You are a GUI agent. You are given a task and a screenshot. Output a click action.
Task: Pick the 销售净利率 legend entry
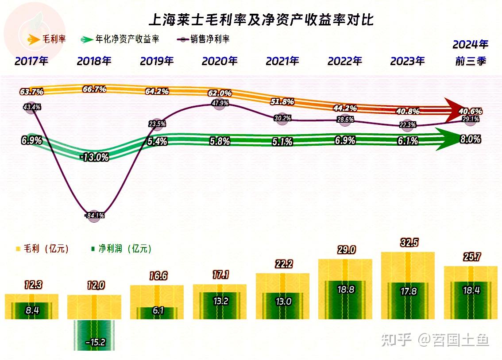204,39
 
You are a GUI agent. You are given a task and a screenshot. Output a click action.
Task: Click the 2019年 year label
157,61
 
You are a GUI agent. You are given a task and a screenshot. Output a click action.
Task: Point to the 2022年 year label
345,61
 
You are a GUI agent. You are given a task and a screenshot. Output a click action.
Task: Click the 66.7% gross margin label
94,89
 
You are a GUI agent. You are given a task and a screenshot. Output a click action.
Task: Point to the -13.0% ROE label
95,157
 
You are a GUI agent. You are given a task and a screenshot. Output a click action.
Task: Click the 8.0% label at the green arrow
470,139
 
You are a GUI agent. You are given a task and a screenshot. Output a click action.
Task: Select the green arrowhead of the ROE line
447,139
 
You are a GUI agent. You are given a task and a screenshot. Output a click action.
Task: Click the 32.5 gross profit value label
408,243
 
